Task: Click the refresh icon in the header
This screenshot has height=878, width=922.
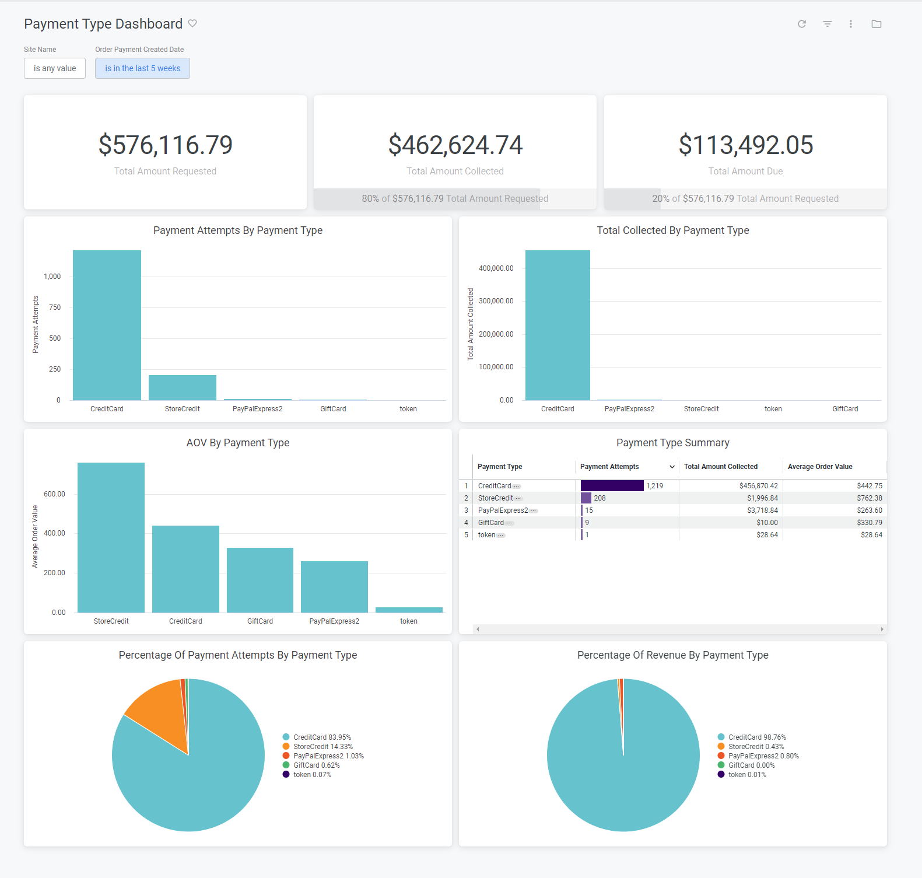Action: coord(802,24)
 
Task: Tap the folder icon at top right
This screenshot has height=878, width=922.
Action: coord(876,24)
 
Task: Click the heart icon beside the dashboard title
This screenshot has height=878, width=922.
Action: coord(192,23)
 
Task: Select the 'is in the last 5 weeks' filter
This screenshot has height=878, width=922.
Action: coord(142,68)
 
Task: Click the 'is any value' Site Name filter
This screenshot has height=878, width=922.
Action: coord(55,68)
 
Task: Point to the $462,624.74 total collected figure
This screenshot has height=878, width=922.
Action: coord(455,145)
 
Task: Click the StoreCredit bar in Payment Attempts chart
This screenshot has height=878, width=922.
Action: coord(183,387)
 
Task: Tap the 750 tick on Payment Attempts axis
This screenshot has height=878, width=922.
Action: coord(55,307)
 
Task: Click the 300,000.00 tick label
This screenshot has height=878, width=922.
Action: coord(496,301)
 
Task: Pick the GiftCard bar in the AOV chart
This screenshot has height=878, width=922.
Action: coord(260,580)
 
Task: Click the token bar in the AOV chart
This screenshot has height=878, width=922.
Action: coord(409,610)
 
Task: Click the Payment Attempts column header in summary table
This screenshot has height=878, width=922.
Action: coord(609,467)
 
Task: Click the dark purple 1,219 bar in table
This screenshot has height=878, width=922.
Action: coord(612,486)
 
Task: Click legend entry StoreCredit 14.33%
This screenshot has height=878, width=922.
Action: coord(322,747)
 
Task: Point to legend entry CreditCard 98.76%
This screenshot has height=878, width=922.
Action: coord(756,737)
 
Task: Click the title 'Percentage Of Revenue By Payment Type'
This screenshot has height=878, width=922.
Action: coord(672,655)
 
